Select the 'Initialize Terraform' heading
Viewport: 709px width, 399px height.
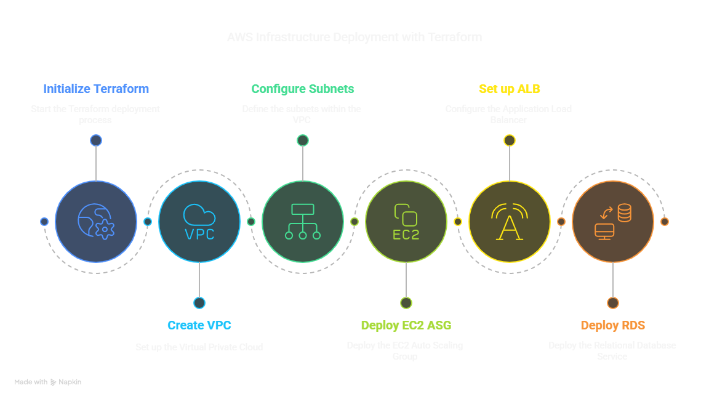pyautogui.click(x=96, y=89)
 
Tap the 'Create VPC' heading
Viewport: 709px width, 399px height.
pyautogui.click(x=199, y=325)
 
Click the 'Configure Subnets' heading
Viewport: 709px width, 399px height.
pyautogui.click(x=303, y=89)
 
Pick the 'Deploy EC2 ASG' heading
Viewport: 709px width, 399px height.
pyautogui.click(x=406, y=325)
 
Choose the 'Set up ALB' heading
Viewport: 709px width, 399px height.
pyautogui.click(x=510, y=89)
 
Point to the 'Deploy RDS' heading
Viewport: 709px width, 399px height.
pyautogui.click(x=612, y=325)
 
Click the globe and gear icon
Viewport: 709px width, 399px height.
pyautogui.click(x=96, y=222)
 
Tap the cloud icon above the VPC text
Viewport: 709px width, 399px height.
pyautogui.click(x=199, y=215)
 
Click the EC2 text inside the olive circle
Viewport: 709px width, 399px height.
pyautogui.click(x=406, y=235)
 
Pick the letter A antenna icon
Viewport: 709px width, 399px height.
pyautogui.click(x=510, y=222)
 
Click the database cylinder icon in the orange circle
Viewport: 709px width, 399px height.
pyautogui.click(x=624, y=214)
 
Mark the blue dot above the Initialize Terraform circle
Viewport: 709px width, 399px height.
pyautogui.click(x=96, y=140)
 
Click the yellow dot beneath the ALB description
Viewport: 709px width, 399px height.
pyautogui.click(x=510, y=140)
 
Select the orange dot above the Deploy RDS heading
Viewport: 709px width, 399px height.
pyautogui.click(x=612, y=302)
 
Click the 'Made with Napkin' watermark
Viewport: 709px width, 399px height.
pyautogui.click(x=48, y=382)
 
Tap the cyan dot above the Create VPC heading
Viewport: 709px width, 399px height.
pyautogui.click(x=199, y=302)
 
